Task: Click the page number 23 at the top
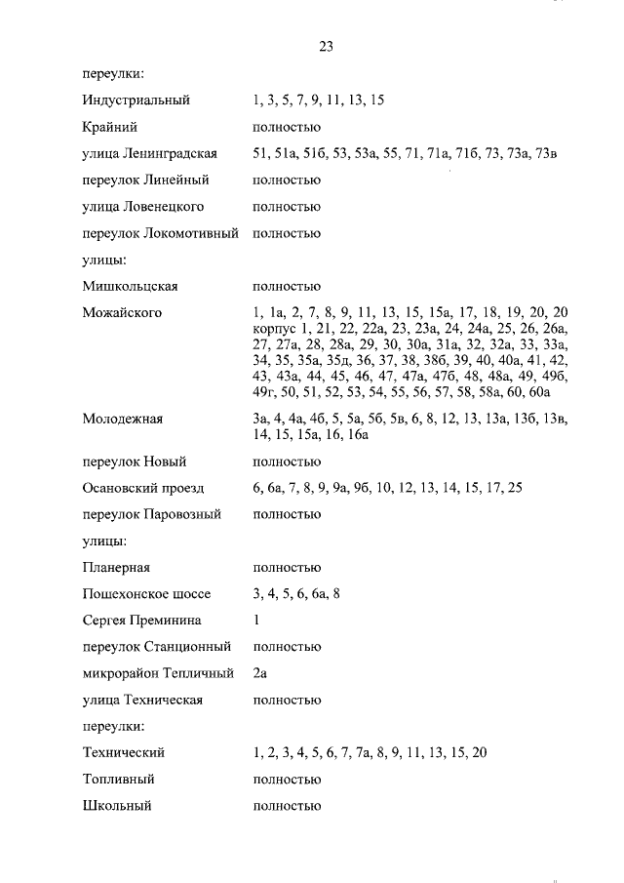pos(327,47)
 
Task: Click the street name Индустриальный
pos(136,100)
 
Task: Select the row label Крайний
pos(110,127)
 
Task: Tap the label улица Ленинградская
pos(150,154)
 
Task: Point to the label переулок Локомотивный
pos(161,233)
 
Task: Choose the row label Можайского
pos(123,313)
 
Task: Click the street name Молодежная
pos(123,420)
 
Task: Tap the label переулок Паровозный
pos(151,514)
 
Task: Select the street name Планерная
pos(116,567)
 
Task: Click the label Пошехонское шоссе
pos(144,593)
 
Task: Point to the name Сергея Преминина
pos(142,620)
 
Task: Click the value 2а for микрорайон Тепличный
pos(259,673)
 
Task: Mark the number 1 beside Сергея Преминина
pos(255,620)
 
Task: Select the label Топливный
pos(119,780)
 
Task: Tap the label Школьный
pos(117,806)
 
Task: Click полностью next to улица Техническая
pos(287,700)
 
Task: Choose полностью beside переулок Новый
pos(287,462)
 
